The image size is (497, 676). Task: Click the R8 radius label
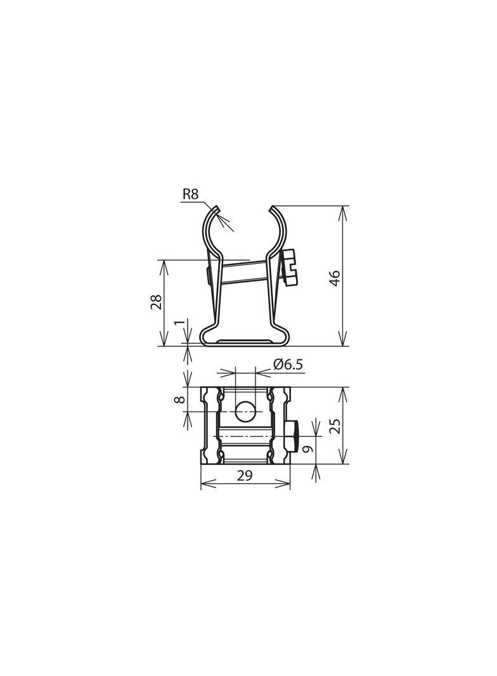(x=190, y=195)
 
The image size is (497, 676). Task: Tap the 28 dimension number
(x=155, y=302)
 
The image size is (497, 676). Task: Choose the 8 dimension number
(x=180, y=400)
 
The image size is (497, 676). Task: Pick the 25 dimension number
(x=335, y=425)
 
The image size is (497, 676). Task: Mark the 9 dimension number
(x=307, y=449)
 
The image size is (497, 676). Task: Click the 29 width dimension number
(x=245, y=476)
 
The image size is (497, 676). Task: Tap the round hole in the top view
(x=245, y=412)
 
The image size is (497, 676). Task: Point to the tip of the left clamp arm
(x=217, y=208)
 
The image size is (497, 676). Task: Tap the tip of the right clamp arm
(x=272, y=208)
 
